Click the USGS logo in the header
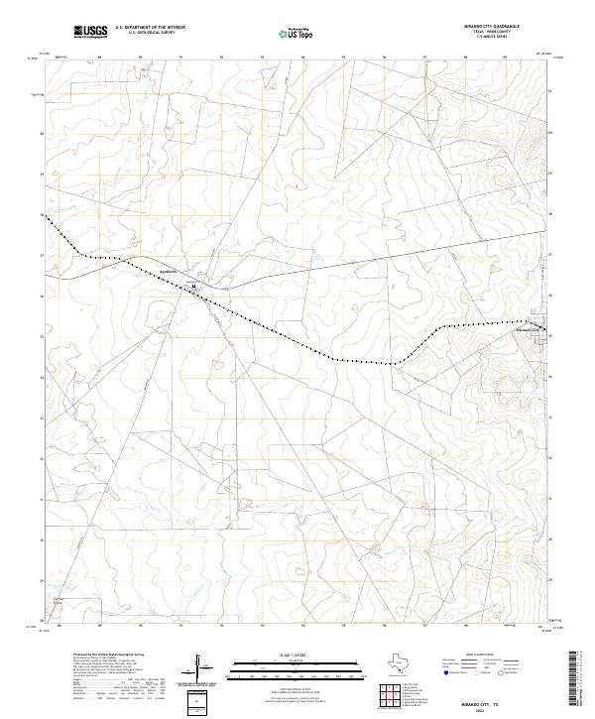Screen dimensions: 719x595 click(90, 32)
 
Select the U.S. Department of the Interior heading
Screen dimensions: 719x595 click(150, 28)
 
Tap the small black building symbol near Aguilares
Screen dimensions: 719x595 click(194, 286)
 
